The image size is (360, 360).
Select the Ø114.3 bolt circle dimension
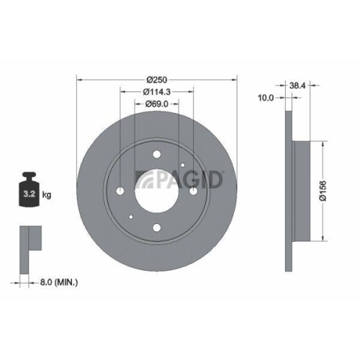pyautogui.click(x=156, y=91)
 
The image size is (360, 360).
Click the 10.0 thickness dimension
pyautogui.click(x=266, y=98)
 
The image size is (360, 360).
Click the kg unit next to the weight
pyautogui.click(x=47, y=195)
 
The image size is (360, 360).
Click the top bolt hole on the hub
pyautogui.click(x=156, y=153)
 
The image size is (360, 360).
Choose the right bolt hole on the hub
pyautogui.click(x=194, y=191)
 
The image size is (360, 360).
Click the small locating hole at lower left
pyautogui.click(x=130, y=218)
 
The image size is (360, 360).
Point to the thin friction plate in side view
pyautogui.click(x=288, y=190)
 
